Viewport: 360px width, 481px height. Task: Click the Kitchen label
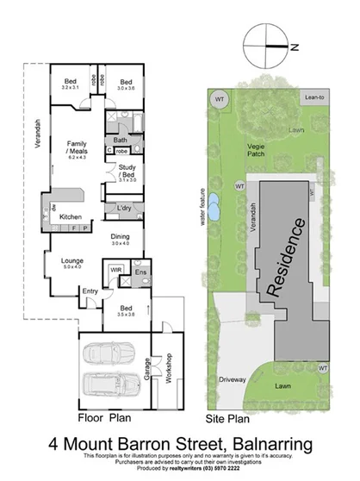click(x=70, y=216)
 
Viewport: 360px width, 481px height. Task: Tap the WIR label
click(x=115, y=271)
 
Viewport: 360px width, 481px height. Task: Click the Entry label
click(x=90, y=290)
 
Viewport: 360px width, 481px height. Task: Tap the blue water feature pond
click(x=214, y=206)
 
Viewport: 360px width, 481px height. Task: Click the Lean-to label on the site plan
click(x=315, y=99)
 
